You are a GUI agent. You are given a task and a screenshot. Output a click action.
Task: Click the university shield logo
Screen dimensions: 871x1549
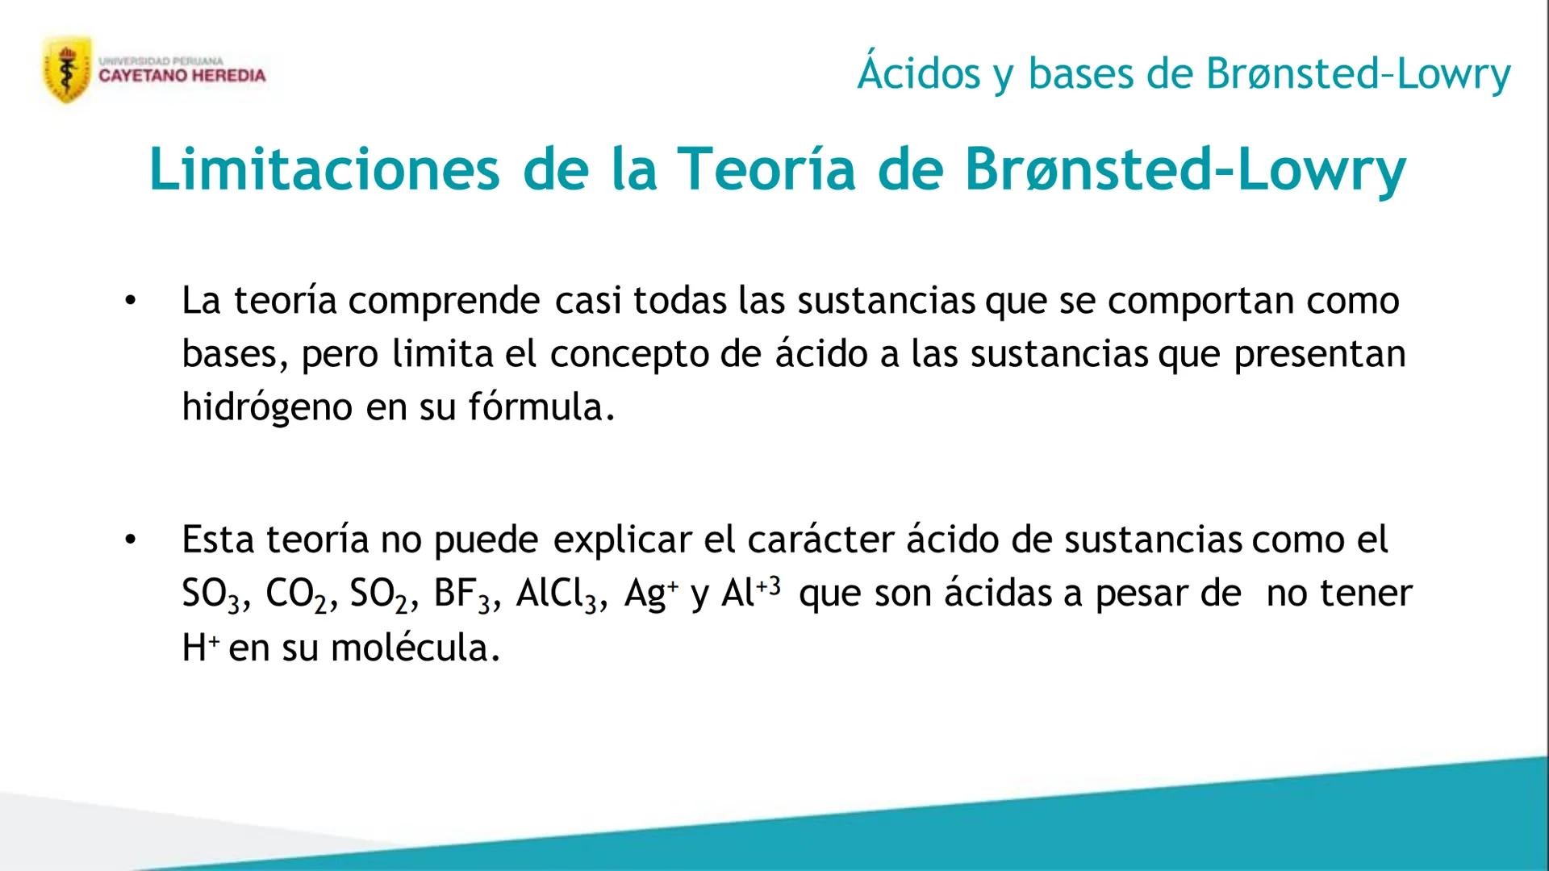point(67,70)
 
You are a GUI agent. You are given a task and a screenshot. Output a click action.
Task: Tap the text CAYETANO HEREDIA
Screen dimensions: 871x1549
point(182,76)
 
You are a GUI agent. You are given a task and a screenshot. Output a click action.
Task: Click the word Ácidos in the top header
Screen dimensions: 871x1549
point(918,73)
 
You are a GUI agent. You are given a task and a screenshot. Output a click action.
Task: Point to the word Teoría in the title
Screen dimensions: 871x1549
point(766,169)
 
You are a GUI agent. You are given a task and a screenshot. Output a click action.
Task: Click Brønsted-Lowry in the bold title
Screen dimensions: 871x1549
point(1185,170)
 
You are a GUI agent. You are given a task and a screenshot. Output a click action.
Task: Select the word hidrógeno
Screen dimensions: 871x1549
point(267,406)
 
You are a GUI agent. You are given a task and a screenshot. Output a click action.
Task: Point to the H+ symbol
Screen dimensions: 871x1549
point(200,648)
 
